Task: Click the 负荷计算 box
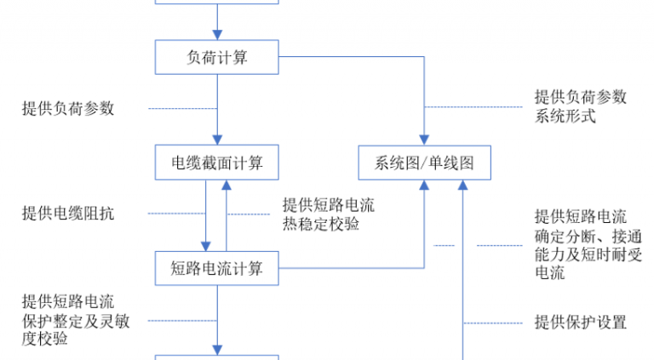pos(217,57)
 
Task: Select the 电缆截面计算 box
pos(217,163)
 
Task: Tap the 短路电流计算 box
pos(217,268)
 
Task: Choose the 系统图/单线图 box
pos(425,163)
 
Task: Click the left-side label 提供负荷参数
pos(68,108)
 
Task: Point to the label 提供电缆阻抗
pos(68,214)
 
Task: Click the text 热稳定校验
pos(321,224)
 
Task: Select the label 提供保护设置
pos(581,322)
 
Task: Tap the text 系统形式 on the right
pos(565,117)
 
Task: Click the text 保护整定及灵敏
pos(76,321)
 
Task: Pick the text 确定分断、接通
pos(588,237)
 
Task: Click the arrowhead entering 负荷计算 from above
pos(217,35)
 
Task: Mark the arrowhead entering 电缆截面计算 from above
pos(217,140)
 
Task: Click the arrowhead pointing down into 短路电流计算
pos(205,246)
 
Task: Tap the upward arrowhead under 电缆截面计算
pos(227,186)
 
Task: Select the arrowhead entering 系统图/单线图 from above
pos(424,140)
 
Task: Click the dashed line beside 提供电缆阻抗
pos(177,214)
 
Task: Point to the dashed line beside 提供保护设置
pos(493,323)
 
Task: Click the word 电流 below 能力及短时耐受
pos(550,273)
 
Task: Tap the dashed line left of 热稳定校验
pos(249,214)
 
